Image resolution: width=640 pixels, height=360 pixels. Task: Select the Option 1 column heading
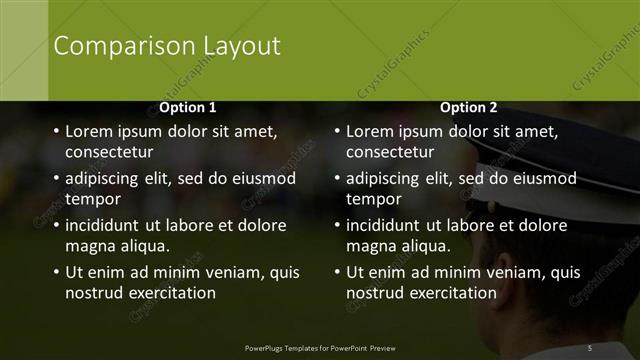coord(187,107)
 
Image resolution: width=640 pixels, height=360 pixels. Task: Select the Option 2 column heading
coord(468,107)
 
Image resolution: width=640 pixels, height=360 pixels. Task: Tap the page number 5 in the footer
coord(590,347)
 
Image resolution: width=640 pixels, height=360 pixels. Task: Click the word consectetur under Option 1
coord(109,153)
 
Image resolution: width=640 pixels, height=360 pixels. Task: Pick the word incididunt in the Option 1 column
coord(107,225)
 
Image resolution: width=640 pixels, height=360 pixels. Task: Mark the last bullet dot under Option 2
coord(336,272)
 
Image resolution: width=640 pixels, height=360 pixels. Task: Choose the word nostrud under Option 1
coord(95,293)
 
